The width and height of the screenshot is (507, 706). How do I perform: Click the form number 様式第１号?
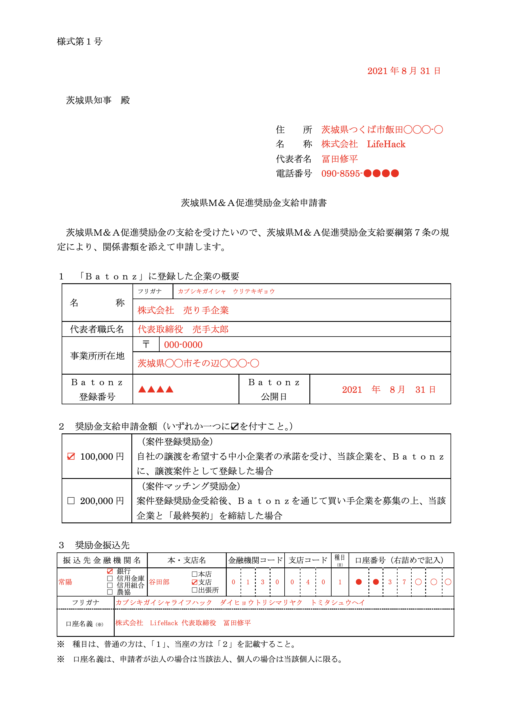[80, 41]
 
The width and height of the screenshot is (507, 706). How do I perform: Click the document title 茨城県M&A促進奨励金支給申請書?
[254, 203]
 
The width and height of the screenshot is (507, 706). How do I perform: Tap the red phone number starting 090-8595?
[360, 173]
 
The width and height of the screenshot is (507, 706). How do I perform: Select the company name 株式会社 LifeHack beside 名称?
[363, 144]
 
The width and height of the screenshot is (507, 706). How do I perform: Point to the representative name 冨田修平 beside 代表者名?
[340, 159]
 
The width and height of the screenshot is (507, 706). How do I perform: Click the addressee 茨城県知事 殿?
[98, 100]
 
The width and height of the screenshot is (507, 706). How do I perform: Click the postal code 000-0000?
[183, 345]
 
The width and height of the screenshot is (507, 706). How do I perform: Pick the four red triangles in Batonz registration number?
[156, 389]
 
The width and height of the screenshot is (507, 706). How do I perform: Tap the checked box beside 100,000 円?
[71, 456]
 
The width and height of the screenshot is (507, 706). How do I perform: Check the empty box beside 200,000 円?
[71, 501]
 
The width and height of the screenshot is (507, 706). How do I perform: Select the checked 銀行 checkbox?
[110, 571]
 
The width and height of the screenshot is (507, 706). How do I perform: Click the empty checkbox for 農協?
[110, 592]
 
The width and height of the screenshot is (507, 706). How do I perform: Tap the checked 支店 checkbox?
[194, 582]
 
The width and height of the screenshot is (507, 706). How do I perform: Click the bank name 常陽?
[65, 582]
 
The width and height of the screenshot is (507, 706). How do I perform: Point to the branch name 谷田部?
[159, 582]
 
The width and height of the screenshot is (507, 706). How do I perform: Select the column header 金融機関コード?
[255, 560]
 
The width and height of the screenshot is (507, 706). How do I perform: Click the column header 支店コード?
[308, 560]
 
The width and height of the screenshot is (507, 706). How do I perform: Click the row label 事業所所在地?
[97, 356]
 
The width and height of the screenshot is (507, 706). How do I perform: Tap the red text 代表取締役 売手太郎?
[183, 329]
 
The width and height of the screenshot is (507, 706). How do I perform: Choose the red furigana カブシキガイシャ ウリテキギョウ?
[226, 291]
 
